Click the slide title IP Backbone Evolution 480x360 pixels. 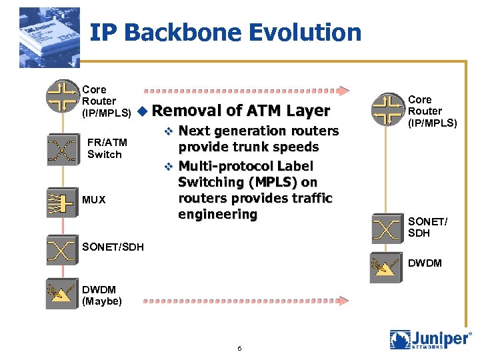click(x=225, y=32)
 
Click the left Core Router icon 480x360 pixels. click(x=62, y=95)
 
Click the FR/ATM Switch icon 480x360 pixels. click(x=62, y=149)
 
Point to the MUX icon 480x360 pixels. click(x=62, y=199)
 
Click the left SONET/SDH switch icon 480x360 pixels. click(x=62, y=249)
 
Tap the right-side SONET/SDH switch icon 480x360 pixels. click(x=387, y=227)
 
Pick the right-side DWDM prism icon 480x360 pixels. click(x=387, y=268)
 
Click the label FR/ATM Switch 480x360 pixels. click(x=105, y=148)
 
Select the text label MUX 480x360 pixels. click(x=94, y=199)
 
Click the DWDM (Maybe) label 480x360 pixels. click(x=102, y=295)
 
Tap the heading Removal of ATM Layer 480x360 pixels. click(x=245, y=111)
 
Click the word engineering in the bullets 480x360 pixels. click(x=217, y=214)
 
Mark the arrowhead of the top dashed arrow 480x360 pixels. click(x=342, y=90)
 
